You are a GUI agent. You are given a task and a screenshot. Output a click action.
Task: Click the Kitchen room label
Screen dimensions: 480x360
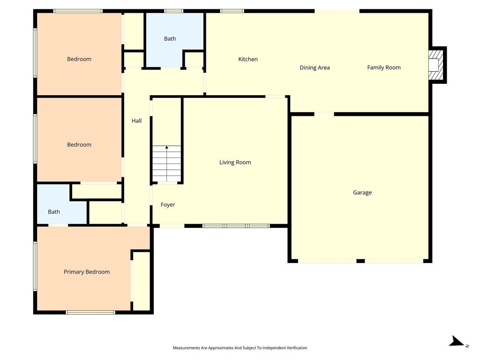pyautogui.click(x=247, y=59)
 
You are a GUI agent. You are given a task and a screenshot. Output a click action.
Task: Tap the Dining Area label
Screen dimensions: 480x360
pyautogui.click(x=315, y=67)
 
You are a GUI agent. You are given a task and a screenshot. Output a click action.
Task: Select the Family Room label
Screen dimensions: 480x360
pyautogui.click(x=383, y=67)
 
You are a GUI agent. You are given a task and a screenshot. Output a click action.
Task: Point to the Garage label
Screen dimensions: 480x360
pyautogui.click(x=362, y=192)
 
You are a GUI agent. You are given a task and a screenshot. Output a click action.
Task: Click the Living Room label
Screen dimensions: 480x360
pyautogui.click(x=235, y=162)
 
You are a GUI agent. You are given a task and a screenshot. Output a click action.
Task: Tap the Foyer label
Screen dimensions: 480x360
pyautogui.click(x=168, y=204)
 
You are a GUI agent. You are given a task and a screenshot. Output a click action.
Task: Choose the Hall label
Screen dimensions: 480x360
pyautogui.click(x=136, y=120)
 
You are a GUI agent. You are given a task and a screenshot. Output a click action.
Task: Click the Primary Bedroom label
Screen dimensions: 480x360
pyautogui.click(x=87, y=272)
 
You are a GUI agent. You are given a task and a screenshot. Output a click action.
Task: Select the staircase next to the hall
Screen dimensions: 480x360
pyautogui.click(x=167, y=164)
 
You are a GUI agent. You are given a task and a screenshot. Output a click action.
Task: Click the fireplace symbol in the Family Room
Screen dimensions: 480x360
pyautogui.click(x=436, y=65)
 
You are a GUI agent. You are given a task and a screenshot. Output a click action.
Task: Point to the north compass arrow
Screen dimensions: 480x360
pyautogui.click(x=457, y=341)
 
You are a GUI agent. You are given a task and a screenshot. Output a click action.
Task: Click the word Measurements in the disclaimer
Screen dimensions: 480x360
pyautogui.click(x=186, y=348)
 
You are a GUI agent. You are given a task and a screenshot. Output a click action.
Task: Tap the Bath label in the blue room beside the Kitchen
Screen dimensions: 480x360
pyautogui.click(x=170, y=38)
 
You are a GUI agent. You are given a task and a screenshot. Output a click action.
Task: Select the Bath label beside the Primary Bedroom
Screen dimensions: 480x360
pyautogui.click(x=54, y=212)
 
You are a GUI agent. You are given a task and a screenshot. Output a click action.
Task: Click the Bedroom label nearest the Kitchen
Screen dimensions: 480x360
pyautogui.click(x=79, y=59)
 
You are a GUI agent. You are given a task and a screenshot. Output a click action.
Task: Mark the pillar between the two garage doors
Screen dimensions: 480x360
pyautogui.click(x=360, y=261)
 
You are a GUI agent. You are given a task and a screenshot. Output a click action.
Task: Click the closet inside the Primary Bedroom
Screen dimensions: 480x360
pyautogui.click(x=142, y=281)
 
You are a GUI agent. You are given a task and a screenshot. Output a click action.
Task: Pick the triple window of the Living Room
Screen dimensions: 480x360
pyautogui.click(x=236, y=226)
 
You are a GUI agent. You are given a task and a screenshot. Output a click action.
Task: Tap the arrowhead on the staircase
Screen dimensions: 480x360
pyautogui.click(x=167, y=148)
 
